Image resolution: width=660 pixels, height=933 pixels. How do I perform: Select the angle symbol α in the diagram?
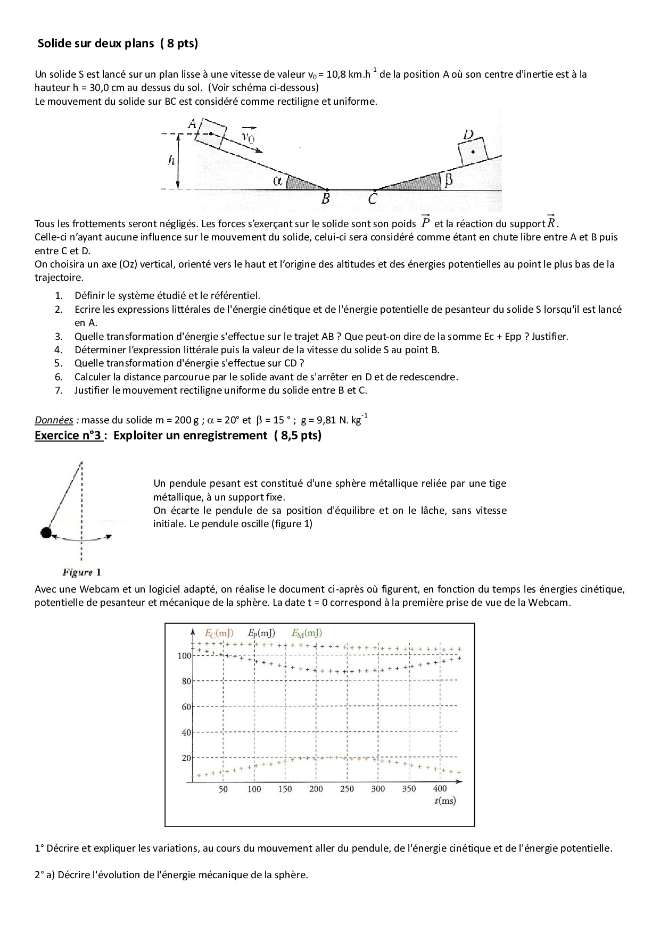point(277,180)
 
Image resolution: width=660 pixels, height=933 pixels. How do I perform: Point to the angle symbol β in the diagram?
point(448,180)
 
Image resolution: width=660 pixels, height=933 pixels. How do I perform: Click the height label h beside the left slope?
point(171,160)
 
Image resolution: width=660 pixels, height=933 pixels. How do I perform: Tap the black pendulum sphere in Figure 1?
point(46,532)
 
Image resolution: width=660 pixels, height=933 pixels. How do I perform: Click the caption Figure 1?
point(81,572)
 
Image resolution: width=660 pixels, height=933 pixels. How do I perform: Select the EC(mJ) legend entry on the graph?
point(219,633)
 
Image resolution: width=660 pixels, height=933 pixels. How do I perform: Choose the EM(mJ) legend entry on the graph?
point(307,633)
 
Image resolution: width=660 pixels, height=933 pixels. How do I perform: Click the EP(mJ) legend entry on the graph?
point(261,633)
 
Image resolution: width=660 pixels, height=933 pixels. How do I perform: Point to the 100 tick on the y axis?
point(184,656)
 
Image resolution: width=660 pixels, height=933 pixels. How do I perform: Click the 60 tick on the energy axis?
point(186,707)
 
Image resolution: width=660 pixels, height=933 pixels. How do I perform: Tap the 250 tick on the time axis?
point(347,789)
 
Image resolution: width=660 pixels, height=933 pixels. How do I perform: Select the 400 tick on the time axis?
point(440,788)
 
